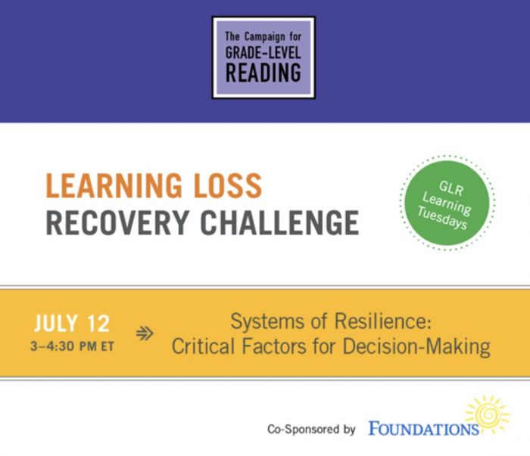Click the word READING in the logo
click(263, 73)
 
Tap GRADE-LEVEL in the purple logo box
click(263, 52)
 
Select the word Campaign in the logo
click(265, 37)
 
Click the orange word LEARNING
click(114, 185)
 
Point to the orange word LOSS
click(228, 185)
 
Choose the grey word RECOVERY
click(117, 222)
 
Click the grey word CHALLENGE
click(279, 222)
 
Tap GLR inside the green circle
click(451, 188)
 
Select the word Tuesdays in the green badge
click(442, 218)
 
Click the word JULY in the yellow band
click(56, 324)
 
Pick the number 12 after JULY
click(98, 324)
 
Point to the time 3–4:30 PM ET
click(72, 346)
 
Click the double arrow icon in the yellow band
click(145, 333)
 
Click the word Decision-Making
click(416, 347)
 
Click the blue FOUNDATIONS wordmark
click(423, 429)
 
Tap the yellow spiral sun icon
click(487, 414)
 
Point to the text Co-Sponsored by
click(311, 430)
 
